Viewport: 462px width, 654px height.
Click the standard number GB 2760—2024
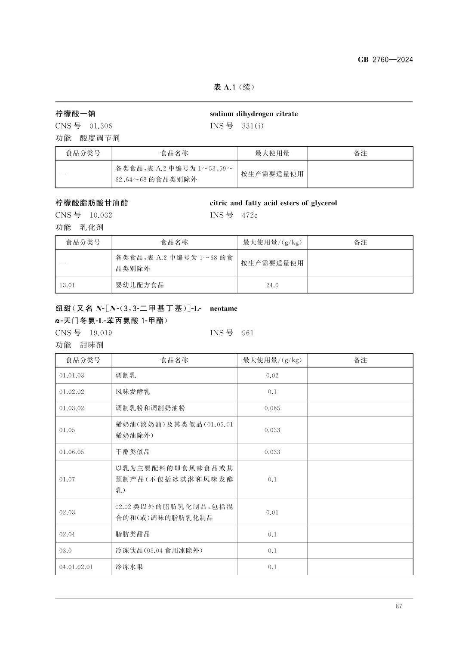385,60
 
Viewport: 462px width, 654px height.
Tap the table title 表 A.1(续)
234,87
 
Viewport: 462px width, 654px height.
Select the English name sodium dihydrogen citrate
253,114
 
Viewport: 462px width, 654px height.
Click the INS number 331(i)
253,126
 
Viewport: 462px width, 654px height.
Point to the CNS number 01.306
101,126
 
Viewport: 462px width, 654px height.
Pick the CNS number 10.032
101,215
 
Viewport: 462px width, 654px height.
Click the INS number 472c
249,215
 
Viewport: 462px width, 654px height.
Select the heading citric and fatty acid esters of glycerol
273,203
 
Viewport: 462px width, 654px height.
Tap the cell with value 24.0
272,285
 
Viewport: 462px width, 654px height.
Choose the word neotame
223,308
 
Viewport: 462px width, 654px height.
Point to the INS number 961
248,333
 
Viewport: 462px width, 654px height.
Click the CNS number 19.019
101,333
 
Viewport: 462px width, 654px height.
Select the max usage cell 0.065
272,408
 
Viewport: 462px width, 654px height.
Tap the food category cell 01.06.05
71,452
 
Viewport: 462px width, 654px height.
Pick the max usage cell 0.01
272,512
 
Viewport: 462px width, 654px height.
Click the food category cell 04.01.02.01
76,567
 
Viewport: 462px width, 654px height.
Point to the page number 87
398,606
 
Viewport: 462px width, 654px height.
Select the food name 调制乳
126,376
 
